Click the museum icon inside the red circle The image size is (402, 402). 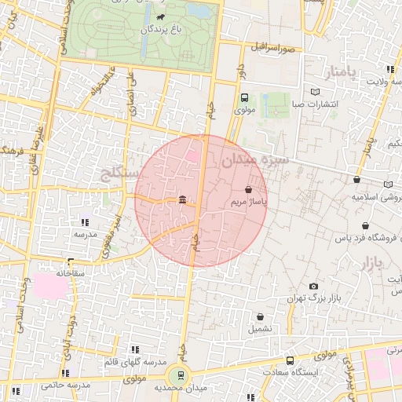click(x=182, y=201)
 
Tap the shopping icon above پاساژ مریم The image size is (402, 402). click(x=249, y=190)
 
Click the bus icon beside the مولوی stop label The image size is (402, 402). click(x=244, y=99)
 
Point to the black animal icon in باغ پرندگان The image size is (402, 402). click(x=160, y=17)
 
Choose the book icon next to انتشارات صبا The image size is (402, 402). click(x=315, y=91)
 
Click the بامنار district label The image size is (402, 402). click(x=341, y=73)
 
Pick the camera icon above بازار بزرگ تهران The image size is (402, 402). click(x=314, y=287)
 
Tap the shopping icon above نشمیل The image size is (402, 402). click(x=260, y=316)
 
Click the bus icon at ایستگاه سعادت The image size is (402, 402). click(x=291, y=361)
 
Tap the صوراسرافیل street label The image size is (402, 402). click(x=272, y=48)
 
